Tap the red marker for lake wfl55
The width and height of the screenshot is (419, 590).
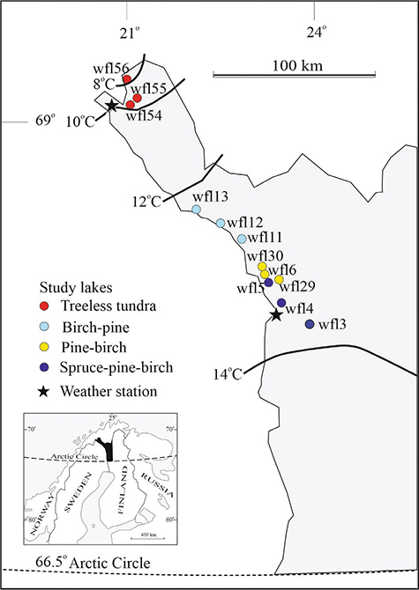tap(137, 98)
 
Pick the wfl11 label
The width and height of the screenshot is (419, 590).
tap(265, 238)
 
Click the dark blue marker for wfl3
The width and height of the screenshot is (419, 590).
tap(309, 324)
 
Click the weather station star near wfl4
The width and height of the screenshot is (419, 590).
tap(276, 314)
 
